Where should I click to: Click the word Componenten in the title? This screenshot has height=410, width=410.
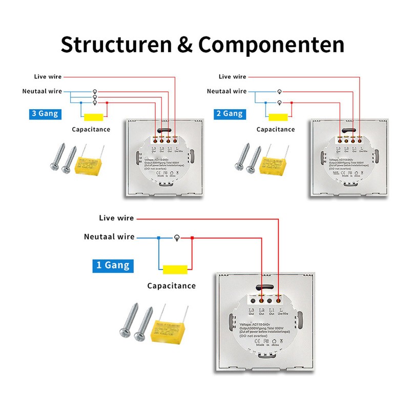click(x=271, y=45)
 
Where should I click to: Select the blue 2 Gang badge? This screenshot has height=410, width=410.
click(x=229, y=114)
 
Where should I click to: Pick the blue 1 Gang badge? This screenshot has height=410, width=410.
click(x=113, y=265)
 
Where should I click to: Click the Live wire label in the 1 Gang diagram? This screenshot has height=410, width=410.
click(x=116, y=218)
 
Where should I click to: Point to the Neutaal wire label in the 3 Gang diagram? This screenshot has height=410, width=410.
click(x=42, y=91)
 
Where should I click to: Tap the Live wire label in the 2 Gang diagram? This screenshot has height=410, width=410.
click(x=232, y=76)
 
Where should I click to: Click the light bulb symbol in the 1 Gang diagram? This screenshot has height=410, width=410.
click(x=177, y=238)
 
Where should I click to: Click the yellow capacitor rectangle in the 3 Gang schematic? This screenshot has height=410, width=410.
click(x=94, y=116)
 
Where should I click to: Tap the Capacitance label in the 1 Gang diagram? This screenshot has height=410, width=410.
click(x=171, y=285)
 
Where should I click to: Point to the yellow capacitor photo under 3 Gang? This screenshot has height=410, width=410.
click(x=91, y=163)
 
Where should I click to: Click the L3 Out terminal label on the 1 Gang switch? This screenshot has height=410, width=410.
click(x=251, y=312)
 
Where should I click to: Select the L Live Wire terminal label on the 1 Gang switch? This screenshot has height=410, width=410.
click(x=279, y=312)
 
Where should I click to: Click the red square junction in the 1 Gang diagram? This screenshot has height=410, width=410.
click(x=192, y=238)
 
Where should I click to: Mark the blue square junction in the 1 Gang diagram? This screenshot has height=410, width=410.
click(x=159, y=238)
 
